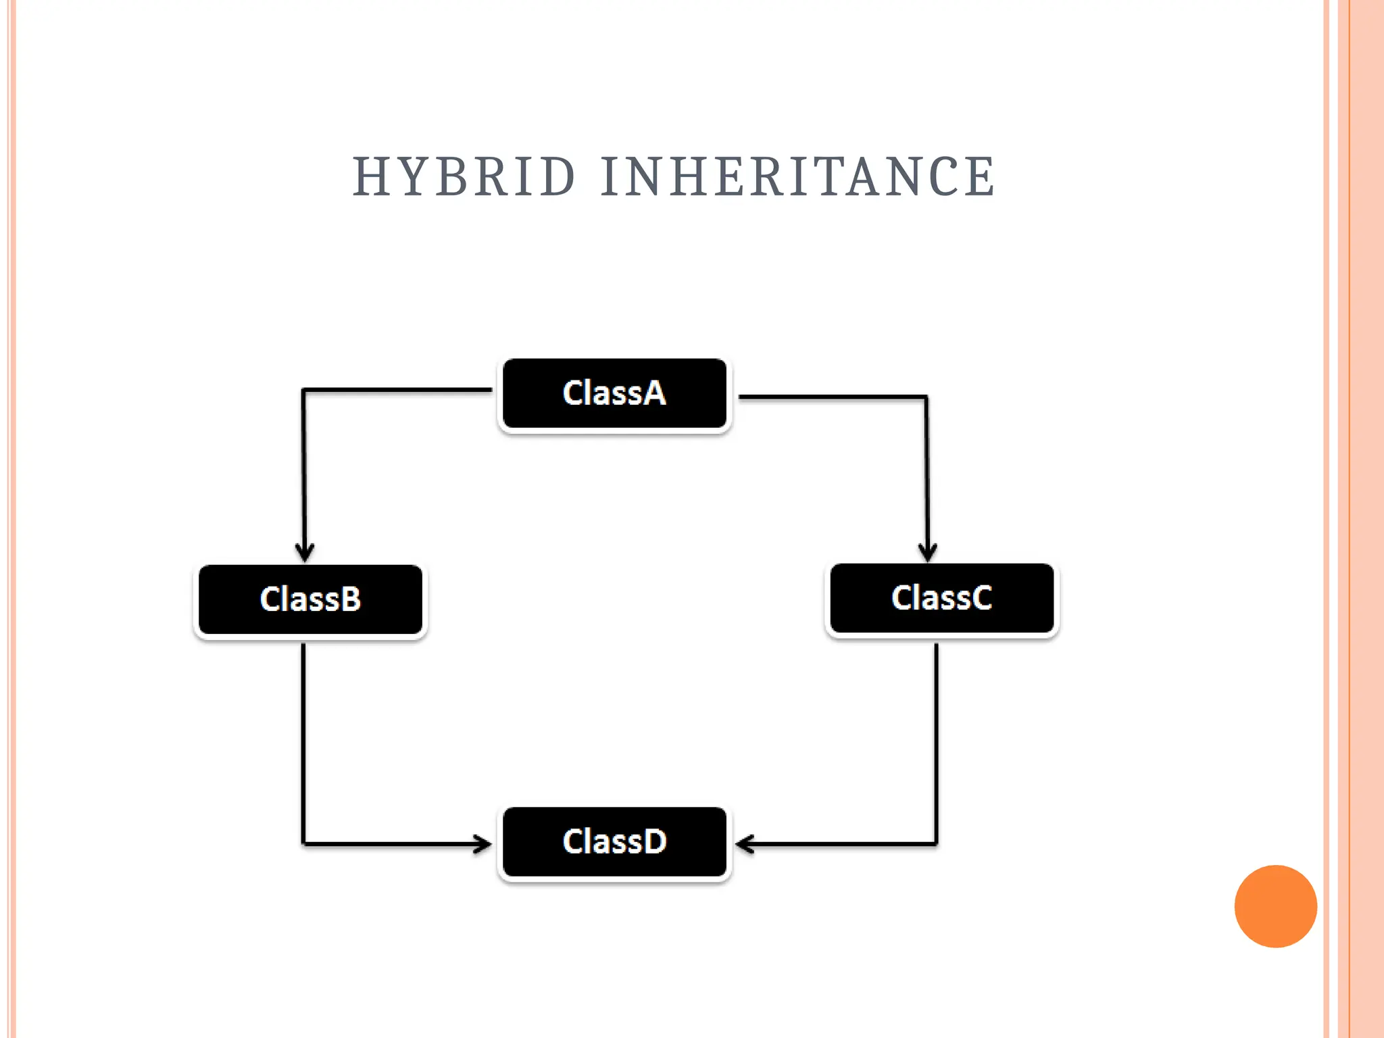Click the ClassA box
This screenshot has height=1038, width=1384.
614,394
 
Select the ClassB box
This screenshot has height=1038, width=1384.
310,599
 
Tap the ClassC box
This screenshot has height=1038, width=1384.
941,598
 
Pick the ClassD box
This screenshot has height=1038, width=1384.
614,842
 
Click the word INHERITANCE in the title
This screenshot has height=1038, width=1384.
798,177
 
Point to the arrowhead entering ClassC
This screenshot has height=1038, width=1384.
927,551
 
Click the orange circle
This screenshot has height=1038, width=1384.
1275,906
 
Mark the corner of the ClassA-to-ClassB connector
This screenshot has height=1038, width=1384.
303,391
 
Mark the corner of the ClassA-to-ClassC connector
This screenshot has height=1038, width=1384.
926,397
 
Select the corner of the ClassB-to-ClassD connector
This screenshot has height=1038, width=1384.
303,843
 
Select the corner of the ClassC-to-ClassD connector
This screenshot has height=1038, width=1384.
936,843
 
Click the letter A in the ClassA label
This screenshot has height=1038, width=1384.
653,393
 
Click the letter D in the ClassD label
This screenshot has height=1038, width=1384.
653,842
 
